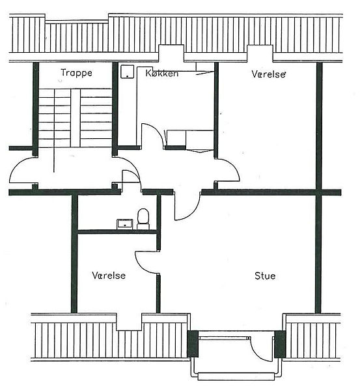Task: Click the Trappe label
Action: [x=76, y=73]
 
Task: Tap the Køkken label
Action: [x=162, y=73]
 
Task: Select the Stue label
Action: [x=265, y=276]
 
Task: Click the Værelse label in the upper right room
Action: [x=268, y=74]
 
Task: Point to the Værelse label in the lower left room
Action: [x=109, y=275]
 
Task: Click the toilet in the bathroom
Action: [x=143, y=219]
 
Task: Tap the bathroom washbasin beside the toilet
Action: [x=125, y=224]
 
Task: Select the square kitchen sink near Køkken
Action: [x=128, y=72]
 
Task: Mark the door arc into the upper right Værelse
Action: [x=234, y=167]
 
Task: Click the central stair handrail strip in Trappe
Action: [x=76, y=118]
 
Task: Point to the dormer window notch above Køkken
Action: [x=171, y=53]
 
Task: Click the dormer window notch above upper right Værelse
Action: [x=260, y=53]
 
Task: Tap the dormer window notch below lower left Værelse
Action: [x=129, y=322]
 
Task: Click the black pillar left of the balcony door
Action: [x=193, y=344]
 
